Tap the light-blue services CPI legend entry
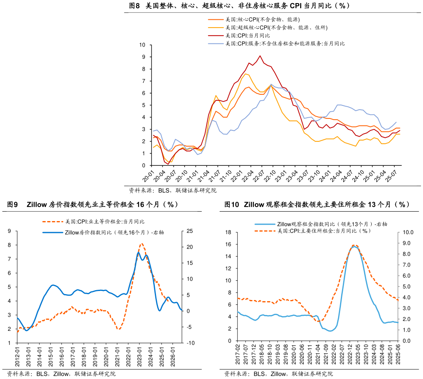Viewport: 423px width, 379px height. click(x=284, y=43)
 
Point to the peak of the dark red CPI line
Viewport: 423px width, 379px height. click(x=260, y=56)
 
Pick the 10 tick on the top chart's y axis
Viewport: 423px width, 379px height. click(x=142, y=45)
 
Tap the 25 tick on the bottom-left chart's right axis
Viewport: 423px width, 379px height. click(x=189, y=231)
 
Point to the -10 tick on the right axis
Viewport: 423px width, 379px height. click(x=189, y=343)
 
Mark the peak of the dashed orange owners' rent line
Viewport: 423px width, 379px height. click(x=142, y=244)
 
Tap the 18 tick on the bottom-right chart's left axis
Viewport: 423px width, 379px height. click(x=228, y=233)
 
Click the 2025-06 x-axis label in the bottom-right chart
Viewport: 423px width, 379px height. click(x=398, y=355)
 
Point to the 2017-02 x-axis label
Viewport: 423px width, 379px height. click(x=237, y=355)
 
